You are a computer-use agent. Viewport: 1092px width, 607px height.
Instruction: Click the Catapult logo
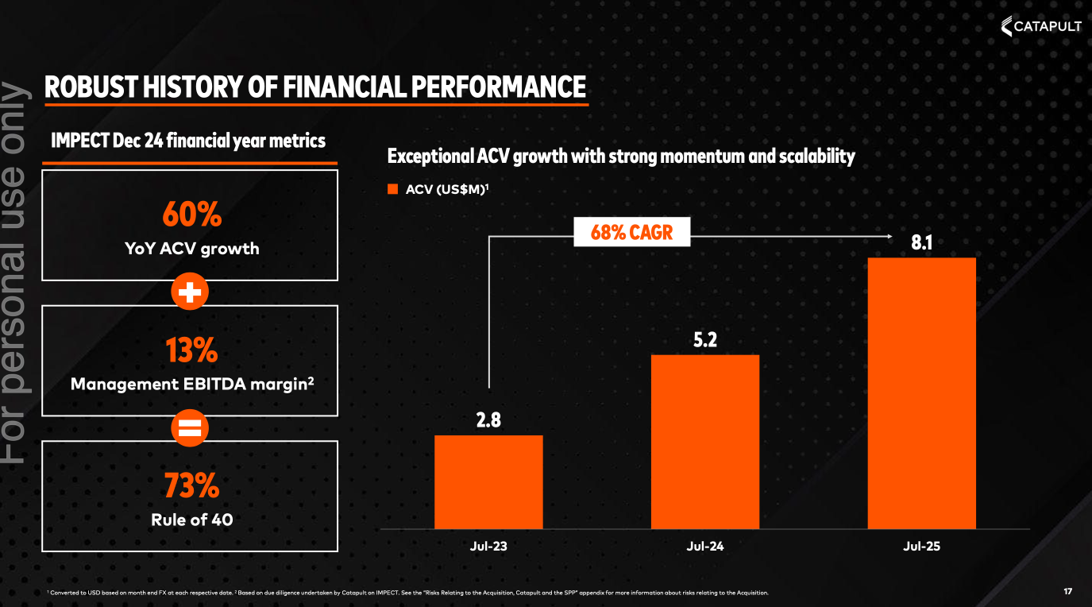(x=1041, y=27)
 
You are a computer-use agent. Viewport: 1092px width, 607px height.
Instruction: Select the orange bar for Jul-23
(x=488, y=481)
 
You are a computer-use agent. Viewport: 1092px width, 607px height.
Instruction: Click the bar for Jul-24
(x=704, y=441)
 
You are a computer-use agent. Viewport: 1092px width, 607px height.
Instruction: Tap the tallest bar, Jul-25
(x=921, y=392)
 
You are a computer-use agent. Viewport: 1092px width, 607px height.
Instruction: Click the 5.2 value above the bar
(x=704, y=340)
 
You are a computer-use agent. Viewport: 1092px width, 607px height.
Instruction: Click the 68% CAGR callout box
(x=631, y=234)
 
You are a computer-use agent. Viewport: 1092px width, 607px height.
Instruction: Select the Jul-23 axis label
(x=488, y=547)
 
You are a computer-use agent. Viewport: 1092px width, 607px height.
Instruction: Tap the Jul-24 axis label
(x=704, y=547)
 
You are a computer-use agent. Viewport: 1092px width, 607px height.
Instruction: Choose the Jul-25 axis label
(x=921, y=547)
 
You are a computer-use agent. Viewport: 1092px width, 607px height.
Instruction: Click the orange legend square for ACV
(x=392, y=189)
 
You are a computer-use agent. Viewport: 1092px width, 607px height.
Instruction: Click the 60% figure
(x=191, y=215)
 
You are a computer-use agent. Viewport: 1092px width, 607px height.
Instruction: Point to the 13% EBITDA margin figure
(x=191, y=350)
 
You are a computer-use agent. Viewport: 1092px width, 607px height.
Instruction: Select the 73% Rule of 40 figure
(x=191, y=485)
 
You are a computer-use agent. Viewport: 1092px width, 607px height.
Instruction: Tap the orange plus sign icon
(x=190, y=292)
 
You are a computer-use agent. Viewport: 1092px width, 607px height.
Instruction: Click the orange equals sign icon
(x=190, y=428)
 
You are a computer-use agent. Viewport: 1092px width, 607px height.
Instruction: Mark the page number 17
(x=1067, y=591)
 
